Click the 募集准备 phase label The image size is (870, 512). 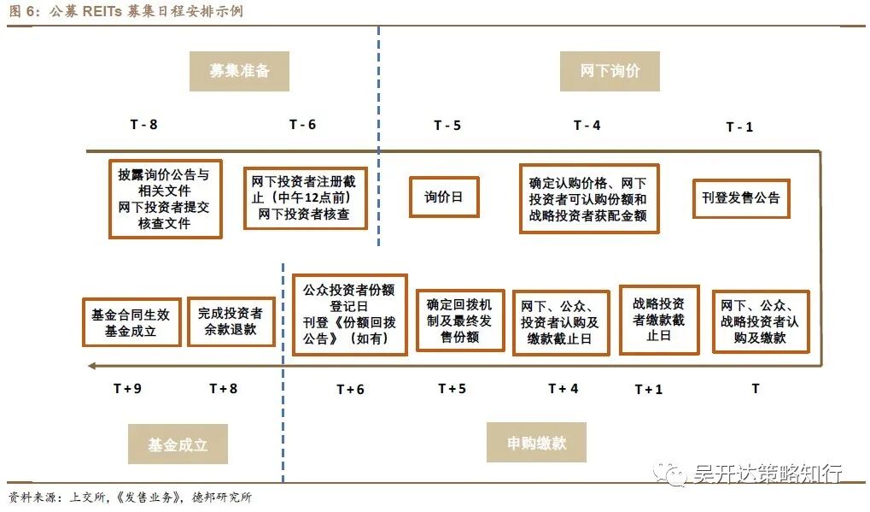click(x=239, y=71)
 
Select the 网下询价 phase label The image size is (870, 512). click(x=610, y=71)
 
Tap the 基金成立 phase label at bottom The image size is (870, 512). click(x=178, y=444)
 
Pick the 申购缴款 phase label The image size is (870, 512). click(x=536, y=442)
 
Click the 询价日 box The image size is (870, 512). click(x=443, y=197)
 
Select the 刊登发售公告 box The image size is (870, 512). click(x=740, y=197)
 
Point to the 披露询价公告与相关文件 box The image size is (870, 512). click(x=165, y=198)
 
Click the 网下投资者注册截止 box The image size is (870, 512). click(x=305, y=198)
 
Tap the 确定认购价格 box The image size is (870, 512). click(x=588, y=198)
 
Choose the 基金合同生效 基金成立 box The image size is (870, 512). click(x=131, y=322)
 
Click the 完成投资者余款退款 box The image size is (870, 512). click(x=230, y=321)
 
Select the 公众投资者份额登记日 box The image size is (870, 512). click(x=349, y=314)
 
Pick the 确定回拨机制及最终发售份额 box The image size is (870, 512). click(x=460, y=320)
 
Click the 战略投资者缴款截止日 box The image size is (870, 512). click(x=658, y=319)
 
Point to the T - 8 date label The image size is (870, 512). click(x=143, y=125)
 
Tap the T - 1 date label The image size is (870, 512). click(x=739, y=127)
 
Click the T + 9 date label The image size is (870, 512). click(x=127, y=389)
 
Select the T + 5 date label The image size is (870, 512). click(x=452, y=389)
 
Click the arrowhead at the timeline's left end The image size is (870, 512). click(x=91, y=367)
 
